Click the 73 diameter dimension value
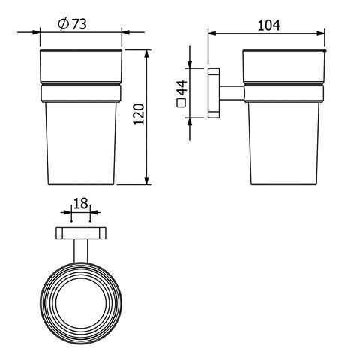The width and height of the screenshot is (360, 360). coord(79,25)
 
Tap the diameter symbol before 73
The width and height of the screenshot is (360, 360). coord(64,24)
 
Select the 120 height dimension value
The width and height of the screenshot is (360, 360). coord(139,114)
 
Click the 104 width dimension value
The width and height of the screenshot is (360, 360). coord(269,25)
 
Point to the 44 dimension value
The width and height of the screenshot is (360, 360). coord(183,88)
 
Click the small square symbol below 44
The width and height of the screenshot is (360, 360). coord(181,103)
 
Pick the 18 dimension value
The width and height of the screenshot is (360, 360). coord(81,203)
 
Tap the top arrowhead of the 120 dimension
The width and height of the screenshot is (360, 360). coord(147,54)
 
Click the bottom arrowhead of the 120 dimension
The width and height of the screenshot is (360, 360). coord(147,181)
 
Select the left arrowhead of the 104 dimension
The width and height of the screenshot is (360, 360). coord(212,34)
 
